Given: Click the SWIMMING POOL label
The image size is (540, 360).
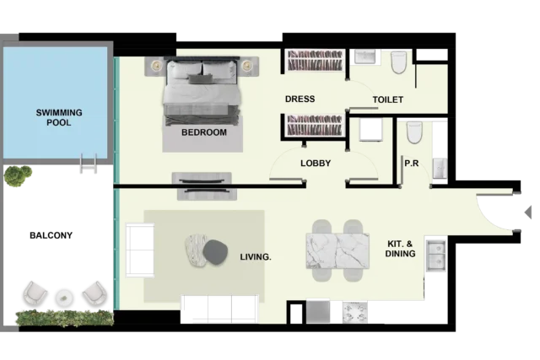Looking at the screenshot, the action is click(x=59, y=117).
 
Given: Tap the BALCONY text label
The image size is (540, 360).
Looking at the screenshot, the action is click(x=51, y=235).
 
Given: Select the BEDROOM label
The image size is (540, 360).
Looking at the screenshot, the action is click(x=204, y=132).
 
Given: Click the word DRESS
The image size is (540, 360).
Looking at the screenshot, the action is click(x=300, y=99).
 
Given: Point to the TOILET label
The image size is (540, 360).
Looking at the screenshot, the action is click(x=388, y=99).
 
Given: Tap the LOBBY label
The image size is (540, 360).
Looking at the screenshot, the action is click(x=316, y=163).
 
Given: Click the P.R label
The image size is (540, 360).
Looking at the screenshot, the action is click(x=412, y=163).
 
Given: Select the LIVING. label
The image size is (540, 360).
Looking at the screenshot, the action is click(x=256, y=257).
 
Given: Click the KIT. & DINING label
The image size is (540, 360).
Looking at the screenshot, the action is click(x=400, y=249).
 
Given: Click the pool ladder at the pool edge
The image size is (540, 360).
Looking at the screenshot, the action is click(x=89, y=163).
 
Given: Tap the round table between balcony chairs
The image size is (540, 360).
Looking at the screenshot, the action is click(x=64, y=298).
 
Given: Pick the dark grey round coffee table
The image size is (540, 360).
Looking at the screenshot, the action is click(x=216, y=252).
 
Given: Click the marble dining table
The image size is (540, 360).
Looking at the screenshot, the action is click(x=337, y=251).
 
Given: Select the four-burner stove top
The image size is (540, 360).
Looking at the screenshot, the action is click(x=354, y=312).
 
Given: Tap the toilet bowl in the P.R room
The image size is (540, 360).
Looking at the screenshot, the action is click(x=414, y=132).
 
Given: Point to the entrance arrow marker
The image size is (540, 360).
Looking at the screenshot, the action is click(x=528, y=212).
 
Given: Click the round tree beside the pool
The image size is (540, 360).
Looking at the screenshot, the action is click(x=18, y=176).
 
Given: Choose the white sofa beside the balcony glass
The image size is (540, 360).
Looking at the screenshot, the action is click(x=140, y=250).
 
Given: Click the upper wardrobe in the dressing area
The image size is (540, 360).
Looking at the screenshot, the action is click(x=315, y=61).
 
